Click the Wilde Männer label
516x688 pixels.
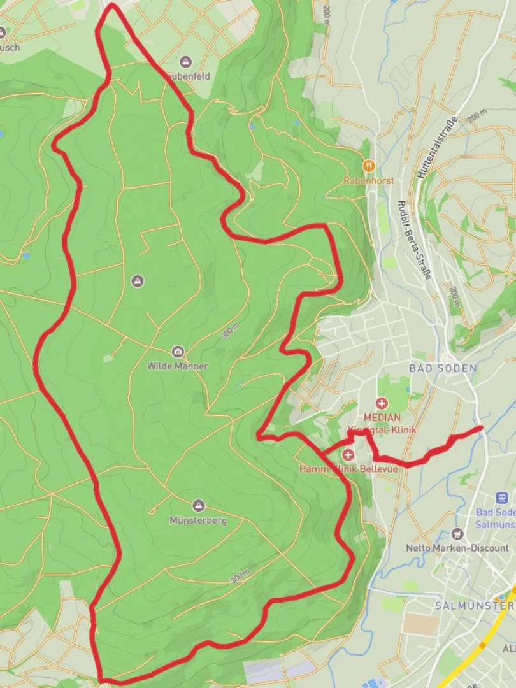(177, 366)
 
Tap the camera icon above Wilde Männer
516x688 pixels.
(178, 352)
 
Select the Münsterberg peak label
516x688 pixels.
(197, 520)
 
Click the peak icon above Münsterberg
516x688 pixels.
(198, 506)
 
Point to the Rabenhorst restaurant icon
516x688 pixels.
(368, 166)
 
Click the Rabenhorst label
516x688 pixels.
(368, 181)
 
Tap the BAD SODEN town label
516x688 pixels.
(443, 368)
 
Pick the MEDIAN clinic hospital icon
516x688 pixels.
(382, 403)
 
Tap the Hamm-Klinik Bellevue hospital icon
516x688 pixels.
(348, 455)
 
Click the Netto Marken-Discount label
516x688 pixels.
(457, 548)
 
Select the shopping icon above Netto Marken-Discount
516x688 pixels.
(457, 534)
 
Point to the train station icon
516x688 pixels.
(502, 498)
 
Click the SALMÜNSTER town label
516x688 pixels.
(475, 605)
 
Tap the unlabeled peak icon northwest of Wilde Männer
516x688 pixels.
(137, 281)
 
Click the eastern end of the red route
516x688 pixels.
(481, 427)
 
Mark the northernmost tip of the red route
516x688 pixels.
(112, 5)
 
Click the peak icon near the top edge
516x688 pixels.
(185, 62)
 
